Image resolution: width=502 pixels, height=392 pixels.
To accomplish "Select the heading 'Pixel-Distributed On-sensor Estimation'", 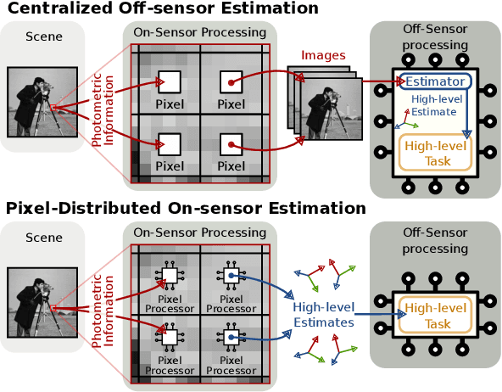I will [x=186, y=208].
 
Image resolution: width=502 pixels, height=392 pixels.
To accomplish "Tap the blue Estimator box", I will [x=437, y=82].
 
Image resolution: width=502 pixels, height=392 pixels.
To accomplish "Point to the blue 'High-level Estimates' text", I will [x=322, y=315].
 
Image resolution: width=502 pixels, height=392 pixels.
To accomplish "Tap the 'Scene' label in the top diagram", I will [x=42, y=36].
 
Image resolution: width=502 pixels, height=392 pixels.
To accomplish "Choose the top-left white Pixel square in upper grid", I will [x=169, y=82].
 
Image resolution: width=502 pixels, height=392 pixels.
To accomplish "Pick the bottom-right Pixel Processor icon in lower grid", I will [x=231, y=337].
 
